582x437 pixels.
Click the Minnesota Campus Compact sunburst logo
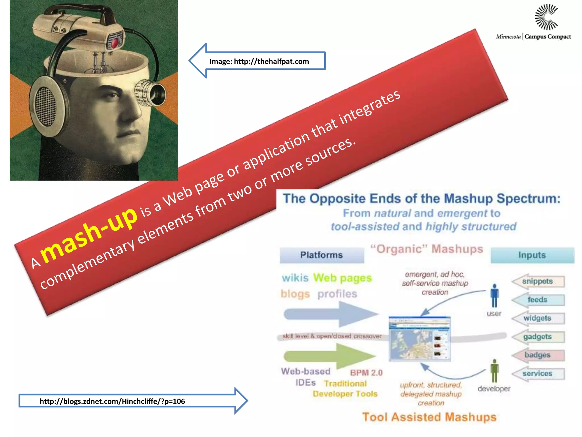[x=546, y=17]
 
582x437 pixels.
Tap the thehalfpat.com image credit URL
[x=259, y=61]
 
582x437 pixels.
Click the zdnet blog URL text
[x=112, y=401]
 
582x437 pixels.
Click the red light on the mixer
[x=115, y=43]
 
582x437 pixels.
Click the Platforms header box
[x=322, y=255]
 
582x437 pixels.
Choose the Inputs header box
[x=532, y=255]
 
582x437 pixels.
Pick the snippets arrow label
[x=537, y=281]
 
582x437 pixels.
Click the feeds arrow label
[x=537, y=300]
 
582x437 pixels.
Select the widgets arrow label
[x=537, y=318]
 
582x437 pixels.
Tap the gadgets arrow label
[x=537, y=337]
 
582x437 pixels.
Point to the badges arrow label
[x=537, y=355]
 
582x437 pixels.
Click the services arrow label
[x=537, y=374]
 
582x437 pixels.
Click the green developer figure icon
[x=494, y=370]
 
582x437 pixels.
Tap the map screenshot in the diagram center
[x=419, y=339]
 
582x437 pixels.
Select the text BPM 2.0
[x=366, y=373]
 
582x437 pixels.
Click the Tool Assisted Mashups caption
[x=429, y=417]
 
